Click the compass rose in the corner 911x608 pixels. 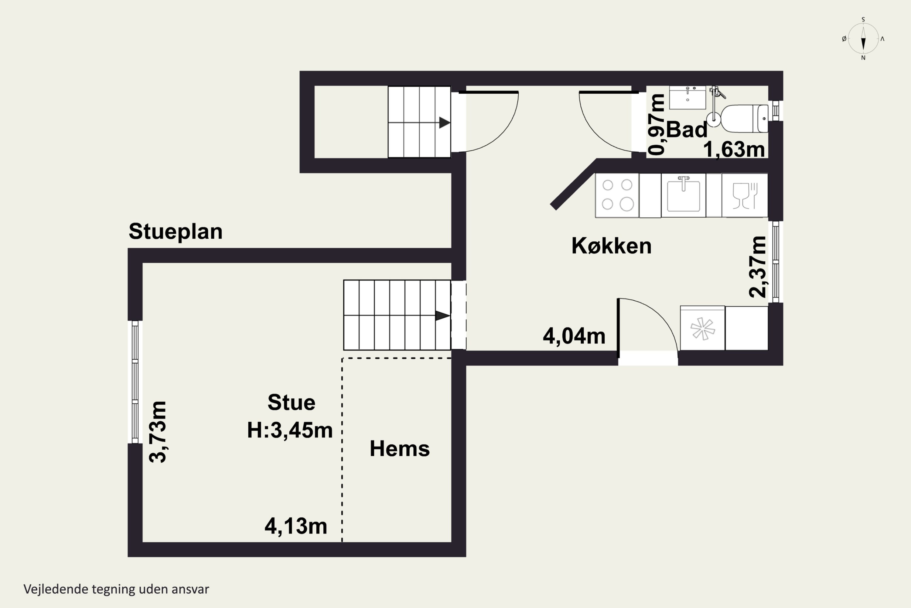click(863, 38)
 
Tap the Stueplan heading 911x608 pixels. click(176, 231)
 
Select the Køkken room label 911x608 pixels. click(611, 246)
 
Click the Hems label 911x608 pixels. click(399, 449)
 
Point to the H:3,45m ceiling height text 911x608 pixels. click(290, 430)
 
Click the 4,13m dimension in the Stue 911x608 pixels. click(295, 526)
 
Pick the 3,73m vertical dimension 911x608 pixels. click(158, 432)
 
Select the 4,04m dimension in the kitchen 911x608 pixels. click(574, 336)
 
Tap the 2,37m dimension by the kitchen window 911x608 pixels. click(758, 267)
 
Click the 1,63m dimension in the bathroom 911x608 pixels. click(734, 149)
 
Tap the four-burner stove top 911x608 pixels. click(617, 195)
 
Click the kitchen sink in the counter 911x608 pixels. click(683, 195)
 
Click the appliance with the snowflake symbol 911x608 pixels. click(702, 328)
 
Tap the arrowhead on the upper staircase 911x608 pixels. click(444, 123)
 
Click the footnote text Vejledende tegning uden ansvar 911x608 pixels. click(116, 589)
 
